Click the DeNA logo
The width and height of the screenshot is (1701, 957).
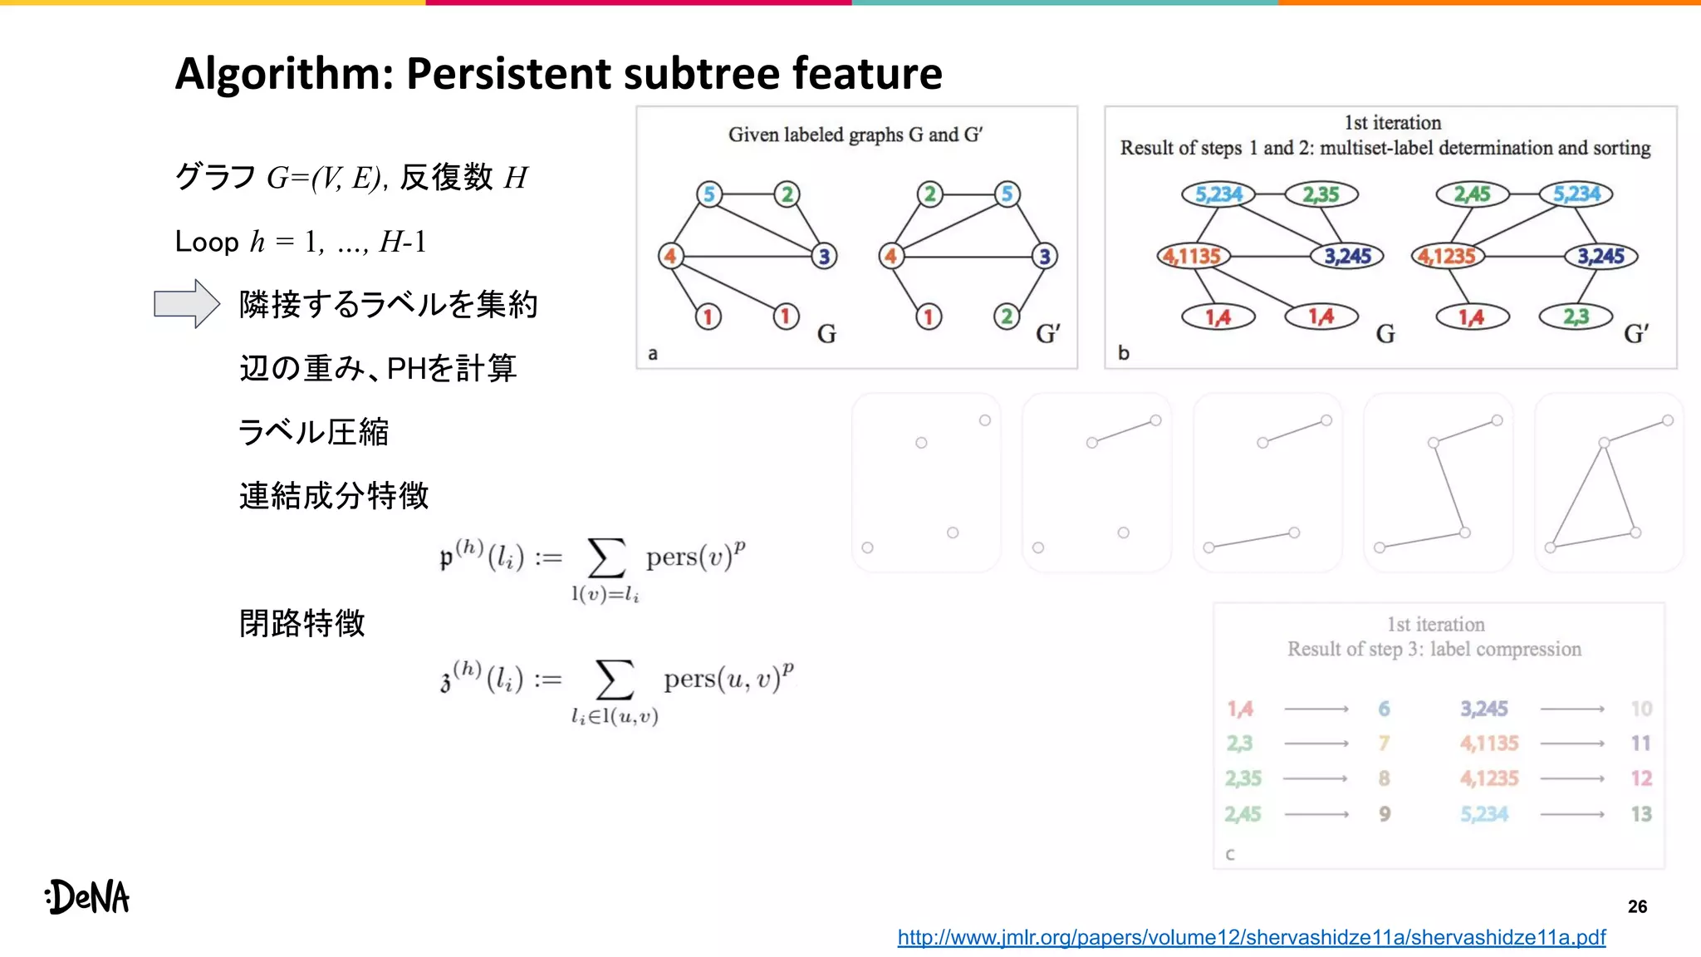click(x=88, y=897)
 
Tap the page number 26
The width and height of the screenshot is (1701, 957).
click(x=1637, y=906)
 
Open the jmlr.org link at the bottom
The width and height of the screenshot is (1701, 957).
click(x=1251, y=938)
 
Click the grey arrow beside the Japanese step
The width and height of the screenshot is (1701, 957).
click(x=186, y=304)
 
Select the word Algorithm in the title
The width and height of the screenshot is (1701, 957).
click(x=283, y=73)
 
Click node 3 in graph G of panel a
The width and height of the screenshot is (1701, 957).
click(x=824, y=256)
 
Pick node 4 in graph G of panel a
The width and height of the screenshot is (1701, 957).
click(x=669, y=256)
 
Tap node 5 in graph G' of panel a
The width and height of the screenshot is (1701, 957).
click(x=1007, y=194)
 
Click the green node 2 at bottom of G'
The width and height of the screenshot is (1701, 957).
click(x=1007, y=317)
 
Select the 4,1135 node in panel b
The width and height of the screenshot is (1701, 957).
click(x=1193, y=256)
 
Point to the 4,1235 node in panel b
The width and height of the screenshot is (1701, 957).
click(x=1447, y=256)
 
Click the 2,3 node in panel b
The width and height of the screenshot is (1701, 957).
click(x=1575, y=317)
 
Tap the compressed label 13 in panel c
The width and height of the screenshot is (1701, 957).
click(x=1640, y=814)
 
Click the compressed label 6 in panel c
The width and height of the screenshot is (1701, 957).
click(x=1384, y=709)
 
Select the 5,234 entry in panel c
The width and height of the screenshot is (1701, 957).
click(x=1484, y=814)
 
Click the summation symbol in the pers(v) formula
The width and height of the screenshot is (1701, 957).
click(x=606, y=557)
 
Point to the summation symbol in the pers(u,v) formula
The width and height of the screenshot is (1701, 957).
click(x=615, y=680)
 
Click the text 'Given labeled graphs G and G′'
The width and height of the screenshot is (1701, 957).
click(x=855, y=135)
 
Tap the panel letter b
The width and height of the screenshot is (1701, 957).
click(x=1123, y=353)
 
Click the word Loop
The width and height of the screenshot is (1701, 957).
click(x=207, y=243)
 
